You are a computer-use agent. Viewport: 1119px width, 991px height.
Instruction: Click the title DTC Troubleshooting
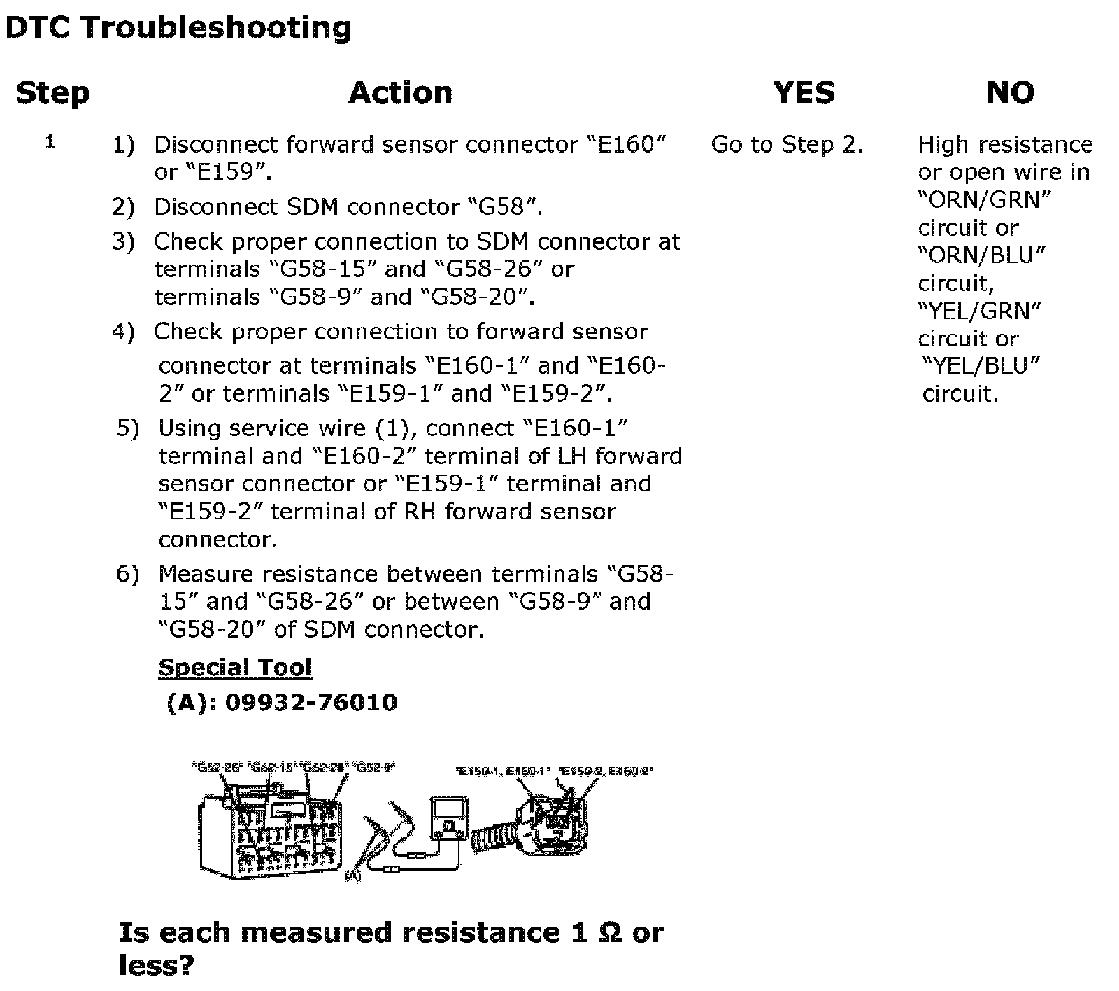click(x=178, y=28)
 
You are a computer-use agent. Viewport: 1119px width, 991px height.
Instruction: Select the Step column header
click(x=52, y=93)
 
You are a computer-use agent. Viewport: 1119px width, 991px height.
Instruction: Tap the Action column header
click(x=400, y=93)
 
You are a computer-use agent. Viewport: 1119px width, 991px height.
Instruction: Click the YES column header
click(x=804, y=93)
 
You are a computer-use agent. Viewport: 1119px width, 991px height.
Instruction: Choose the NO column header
click(x=1010, y=93)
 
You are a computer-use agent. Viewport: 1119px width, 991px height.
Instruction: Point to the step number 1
click(x=50, y=143)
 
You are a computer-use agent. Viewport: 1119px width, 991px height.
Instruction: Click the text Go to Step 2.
click(x=787, y=145)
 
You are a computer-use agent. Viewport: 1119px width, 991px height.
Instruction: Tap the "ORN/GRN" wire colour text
click(x=984, y=200)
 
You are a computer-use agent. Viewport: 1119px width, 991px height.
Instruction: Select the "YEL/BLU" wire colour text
click(x=981, y=365)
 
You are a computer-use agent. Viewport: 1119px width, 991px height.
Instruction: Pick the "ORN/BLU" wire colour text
click(x=981, y=255)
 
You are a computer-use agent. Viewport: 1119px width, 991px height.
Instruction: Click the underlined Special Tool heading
click(x=235, y=668)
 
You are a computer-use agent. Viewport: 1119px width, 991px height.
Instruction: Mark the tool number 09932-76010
click(x=311, y=702)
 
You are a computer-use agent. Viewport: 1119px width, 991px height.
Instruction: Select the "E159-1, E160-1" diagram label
click(x=503, y=771)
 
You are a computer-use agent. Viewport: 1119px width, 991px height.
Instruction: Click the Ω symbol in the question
click(x=611, y=933)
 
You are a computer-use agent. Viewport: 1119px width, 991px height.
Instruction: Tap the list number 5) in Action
click(x=128, y=428)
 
